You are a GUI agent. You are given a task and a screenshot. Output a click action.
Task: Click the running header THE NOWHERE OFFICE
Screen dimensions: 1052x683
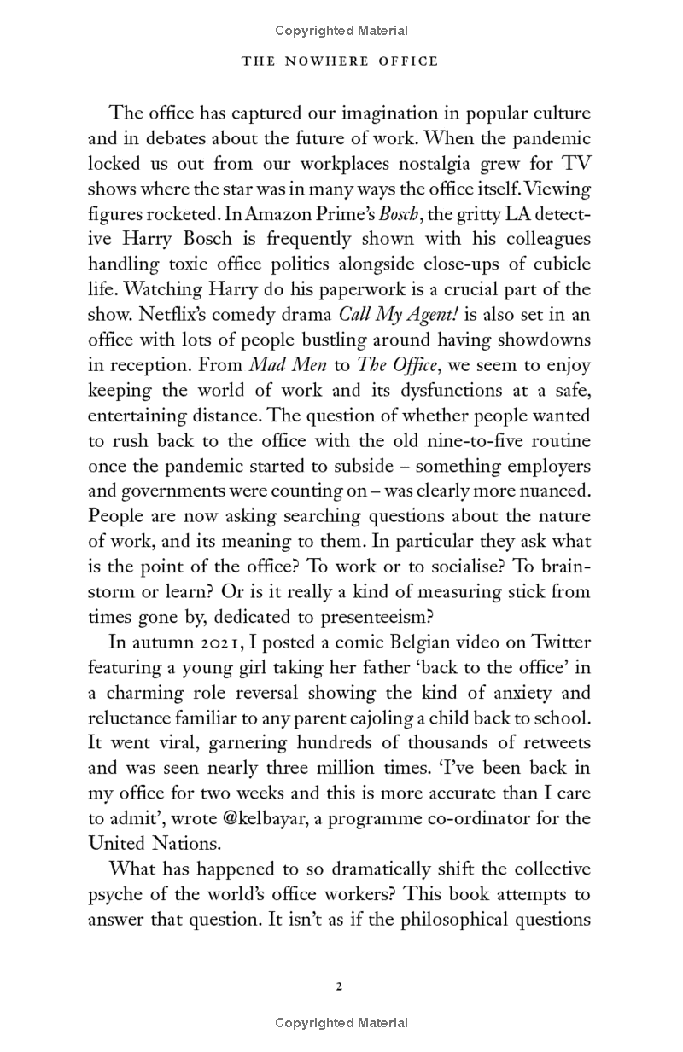tap(340, 61)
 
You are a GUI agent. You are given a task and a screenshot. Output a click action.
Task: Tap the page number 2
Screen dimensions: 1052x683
tap(339, 986)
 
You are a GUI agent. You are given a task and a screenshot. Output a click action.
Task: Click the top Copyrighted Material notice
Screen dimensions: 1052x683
tap(341, 31)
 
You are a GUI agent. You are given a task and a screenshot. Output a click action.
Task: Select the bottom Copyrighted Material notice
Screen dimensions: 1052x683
tap(341, 1022)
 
